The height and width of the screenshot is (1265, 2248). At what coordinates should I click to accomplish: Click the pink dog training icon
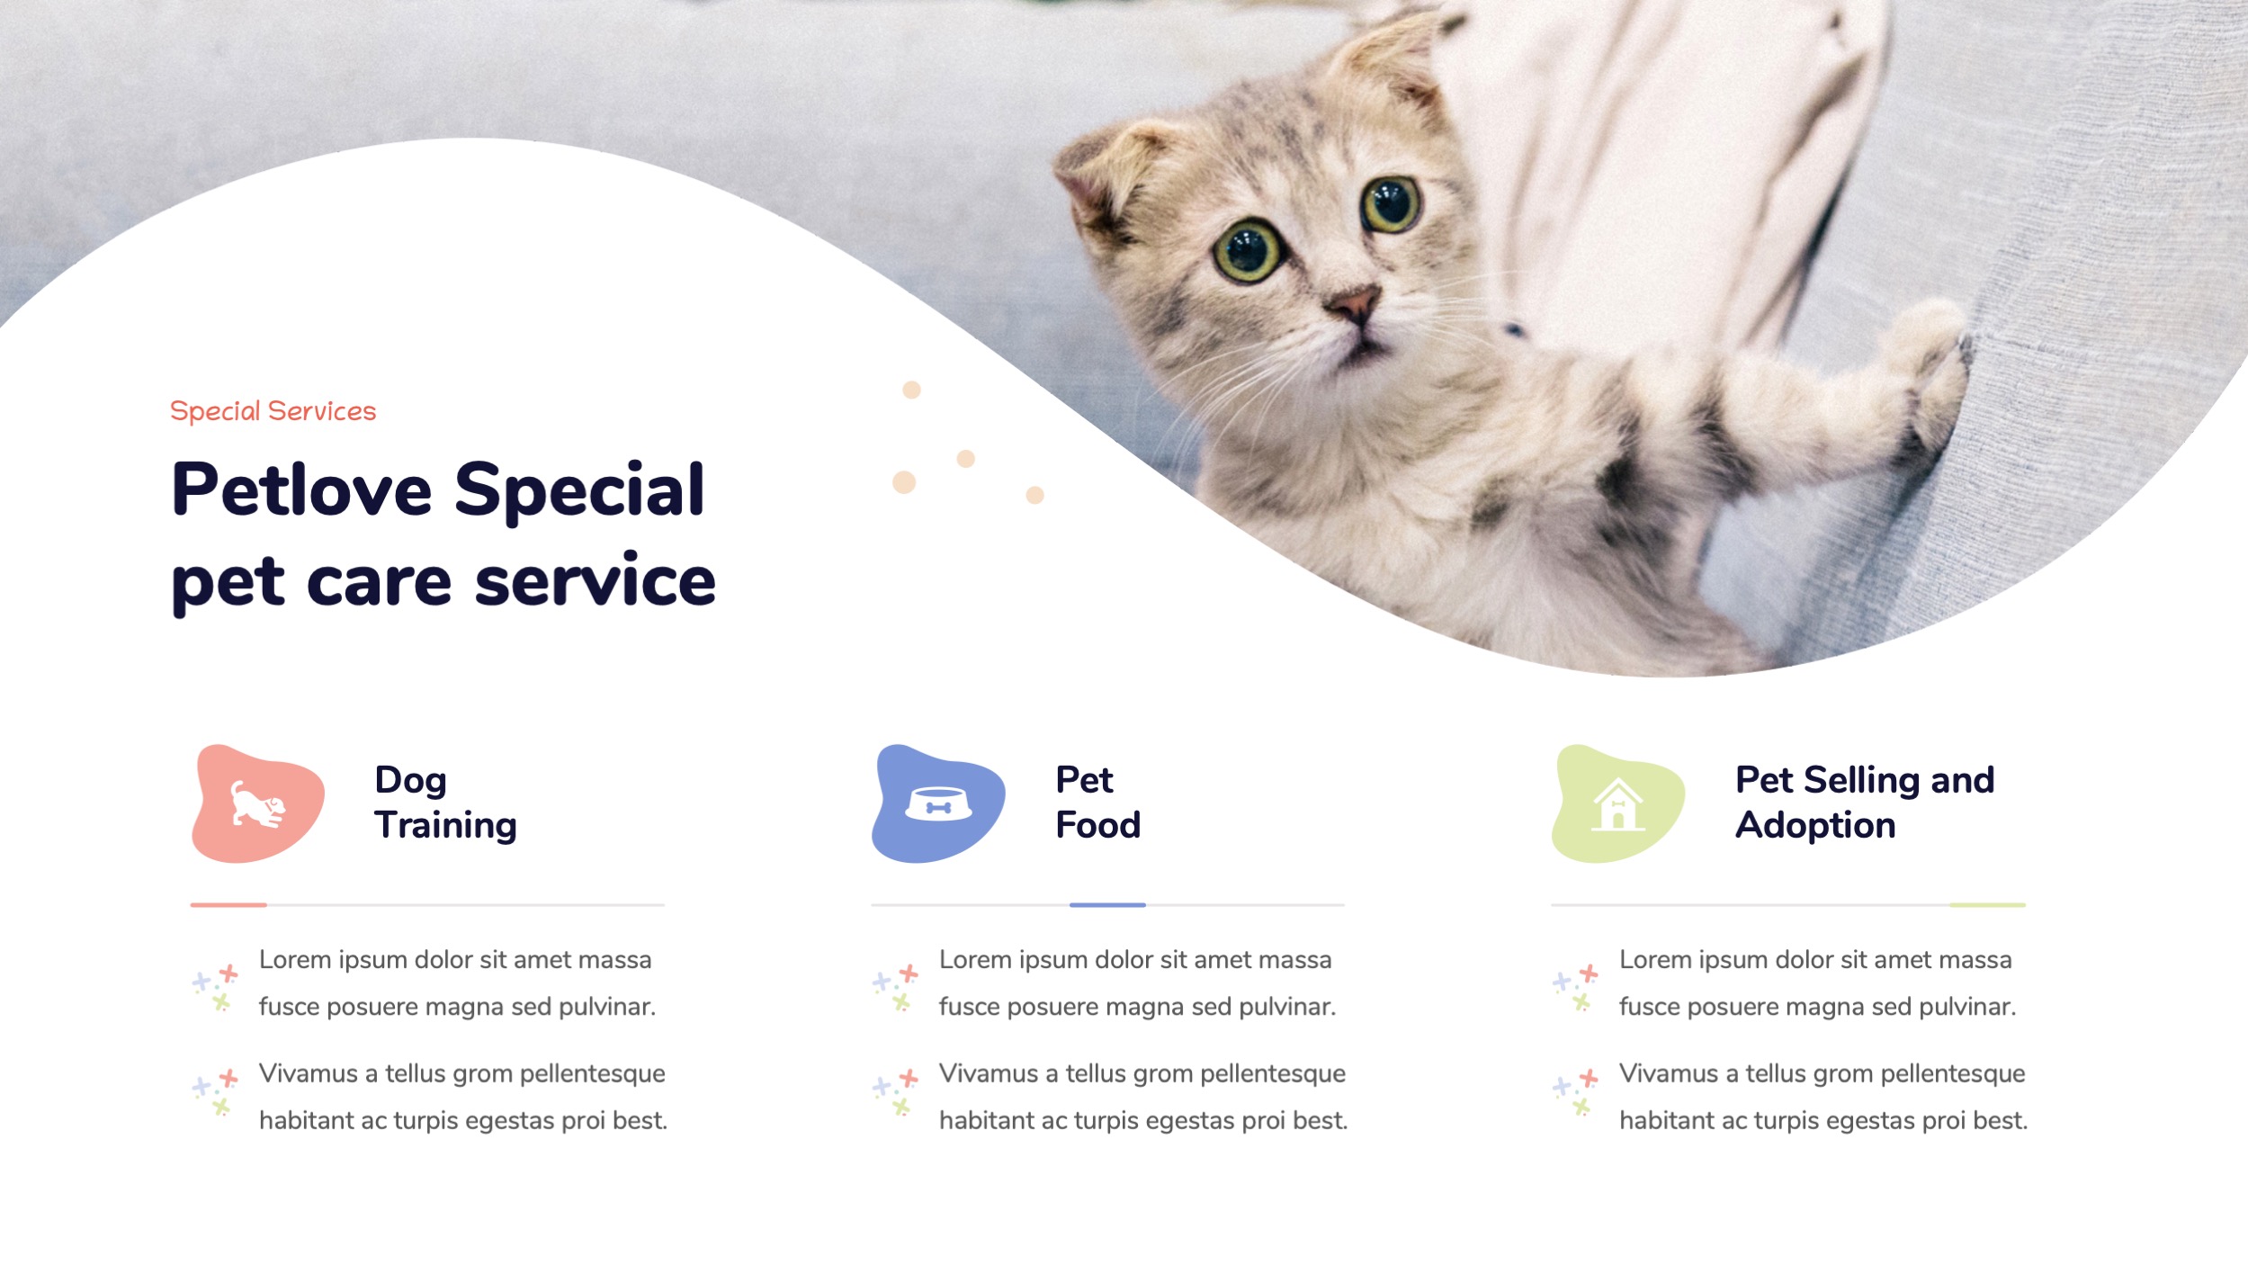click(258, 803)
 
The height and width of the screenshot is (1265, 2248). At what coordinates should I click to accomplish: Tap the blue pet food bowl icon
click(938, 803)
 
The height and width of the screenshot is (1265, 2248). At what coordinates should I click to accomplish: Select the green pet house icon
click(1617, 803)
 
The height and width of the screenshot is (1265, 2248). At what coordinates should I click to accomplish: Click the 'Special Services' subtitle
click(273, 411)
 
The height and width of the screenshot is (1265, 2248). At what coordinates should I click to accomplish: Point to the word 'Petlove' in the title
click(301, 490)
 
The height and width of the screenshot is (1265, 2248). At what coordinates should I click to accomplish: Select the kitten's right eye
click(1390, 203)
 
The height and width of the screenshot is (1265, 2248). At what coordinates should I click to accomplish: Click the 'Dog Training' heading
click(445, 802)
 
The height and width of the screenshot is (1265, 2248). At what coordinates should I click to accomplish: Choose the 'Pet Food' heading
click(1097, 802)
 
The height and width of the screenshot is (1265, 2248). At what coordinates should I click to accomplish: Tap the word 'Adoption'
click(1814, 825)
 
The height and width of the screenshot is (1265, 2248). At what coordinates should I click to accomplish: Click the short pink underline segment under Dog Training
click(228, 904)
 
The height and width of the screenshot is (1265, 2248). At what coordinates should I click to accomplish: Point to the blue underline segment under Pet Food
click(1107, 904)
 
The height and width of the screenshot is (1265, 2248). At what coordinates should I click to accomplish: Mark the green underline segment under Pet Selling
click(1987, 904)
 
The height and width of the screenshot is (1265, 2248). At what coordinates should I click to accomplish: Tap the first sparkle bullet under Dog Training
click(216, 987)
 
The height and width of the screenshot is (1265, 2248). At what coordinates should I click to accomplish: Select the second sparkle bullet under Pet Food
click(896, 1092)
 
